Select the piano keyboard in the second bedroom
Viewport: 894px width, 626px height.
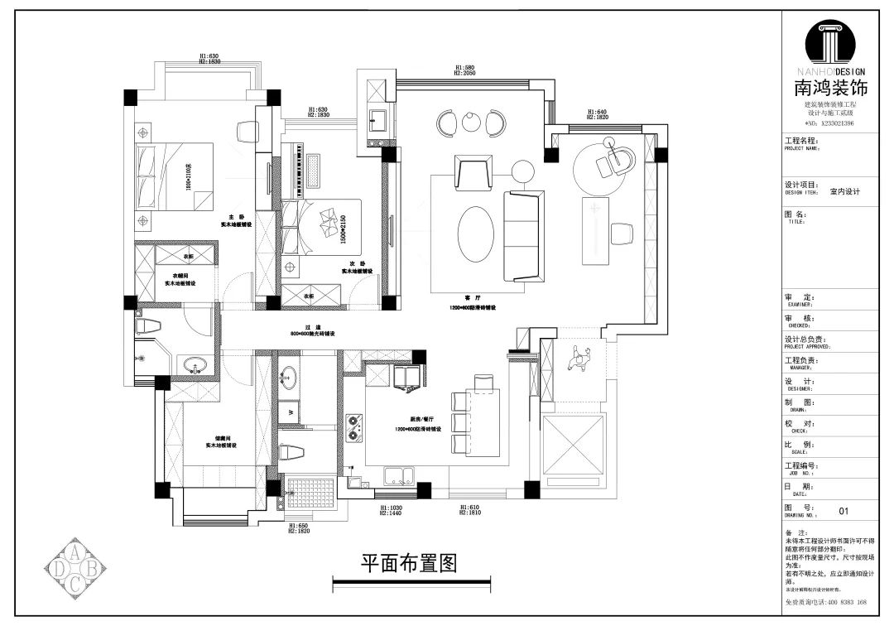(x=313, y=170)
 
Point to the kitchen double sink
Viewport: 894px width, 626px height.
(x=401, y=475)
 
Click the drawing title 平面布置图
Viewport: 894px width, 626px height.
(x=409, y=564)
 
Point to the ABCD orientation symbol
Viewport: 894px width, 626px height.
(x=74, y=567)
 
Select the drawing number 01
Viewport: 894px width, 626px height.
(x=844, y=512)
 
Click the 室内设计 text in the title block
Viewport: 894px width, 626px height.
(x=845, y=191)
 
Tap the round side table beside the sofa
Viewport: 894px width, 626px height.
(x=523, y=171)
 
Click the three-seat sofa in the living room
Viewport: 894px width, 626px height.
(x=524, y=234)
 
